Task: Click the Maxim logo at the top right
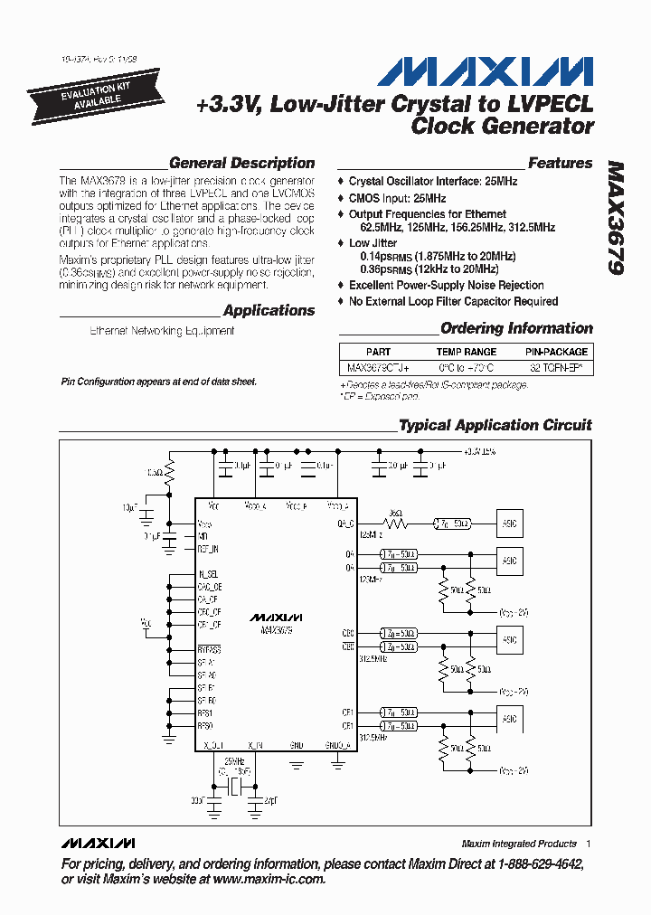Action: pos(485,72)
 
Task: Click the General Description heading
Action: pos(241,164)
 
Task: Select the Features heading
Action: pos(560,164)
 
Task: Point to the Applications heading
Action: pos(269,311)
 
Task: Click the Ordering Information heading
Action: pos(516,328)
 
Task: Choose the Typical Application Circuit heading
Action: pos(495,425)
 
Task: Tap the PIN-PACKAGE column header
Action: pos(556,352)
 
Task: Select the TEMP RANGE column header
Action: pos(467,352)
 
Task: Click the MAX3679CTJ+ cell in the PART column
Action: pos(379,368)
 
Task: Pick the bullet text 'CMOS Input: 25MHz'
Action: pos(397,198)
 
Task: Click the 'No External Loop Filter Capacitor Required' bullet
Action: pos(453,301)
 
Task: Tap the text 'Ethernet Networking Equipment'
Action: pos(162,331)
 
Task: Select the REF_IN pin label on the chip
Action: pos(207,549)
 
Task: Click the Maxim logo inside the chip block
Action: pos(275,617)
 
